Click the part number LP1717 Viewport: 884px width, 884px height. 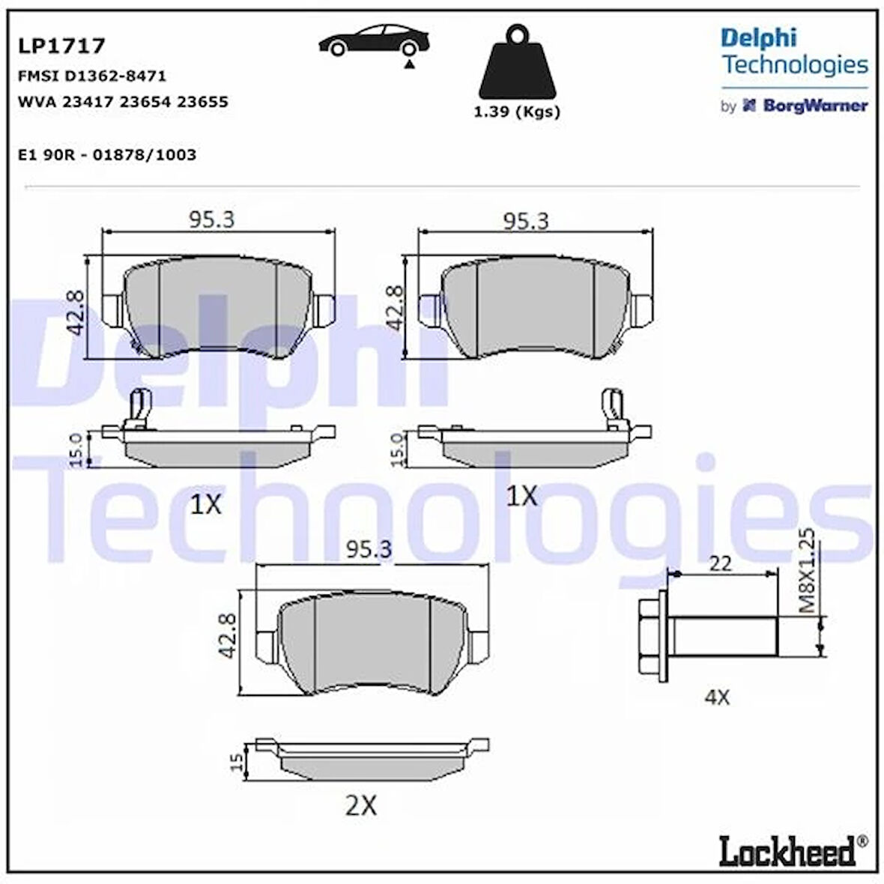[61, 46]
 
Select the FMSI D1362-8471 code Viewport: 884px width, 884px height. [91, 76]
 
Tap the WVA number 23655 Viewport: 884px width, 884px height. [202, 102]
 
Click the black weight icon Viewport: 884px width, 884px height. [517, 63]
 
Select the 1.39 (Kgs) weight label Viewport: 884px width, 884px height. [517, 112]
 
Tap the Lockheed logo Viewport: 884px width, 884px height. [787, 852]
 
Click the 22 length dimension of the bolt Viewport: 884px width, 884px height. [720, 563]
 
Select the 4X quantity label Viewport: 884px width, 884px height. [717, 697]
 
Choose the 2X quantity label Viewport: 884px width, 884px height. [360, 805]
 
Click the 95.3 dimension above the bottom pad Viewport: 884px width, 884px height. [369, 550]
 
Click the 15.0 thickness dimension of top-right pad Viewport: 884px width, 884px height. [398, 449]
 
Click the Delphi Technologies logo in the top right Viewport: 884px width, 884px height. [793, 52]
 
